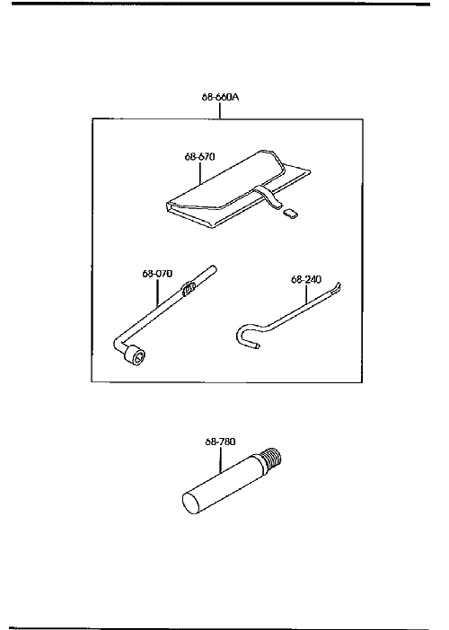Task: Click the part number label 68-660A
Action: (x=220, y=97)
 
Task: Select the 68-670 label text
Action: (x=199, y=156)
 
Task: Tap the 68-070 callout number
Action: (x=157, y=274)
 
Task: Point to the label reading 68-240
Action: (x=306, y=279)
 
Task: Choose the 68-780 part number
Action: (x=220, y=442)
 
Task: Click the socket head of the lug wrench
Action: (x=135, y=356)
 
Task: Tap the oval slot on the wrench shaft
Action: (x=189, y=288)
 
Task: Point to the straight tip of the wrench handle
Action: (x=213, y=268)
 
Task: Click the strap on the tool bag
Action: (x=269, y=197)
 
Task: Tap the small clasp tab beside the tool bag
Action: (x=290, y=213)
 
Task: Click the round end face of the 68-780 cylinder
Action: (x=192, y=503)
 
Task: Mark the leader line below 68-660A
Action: (x=220, y=110)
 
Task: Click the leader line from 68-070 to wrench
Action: (x=157, y=293)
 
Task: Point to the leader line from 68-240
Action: (x=306, y=293)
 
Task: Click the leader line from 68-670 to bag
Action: (x=199, y=172)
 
